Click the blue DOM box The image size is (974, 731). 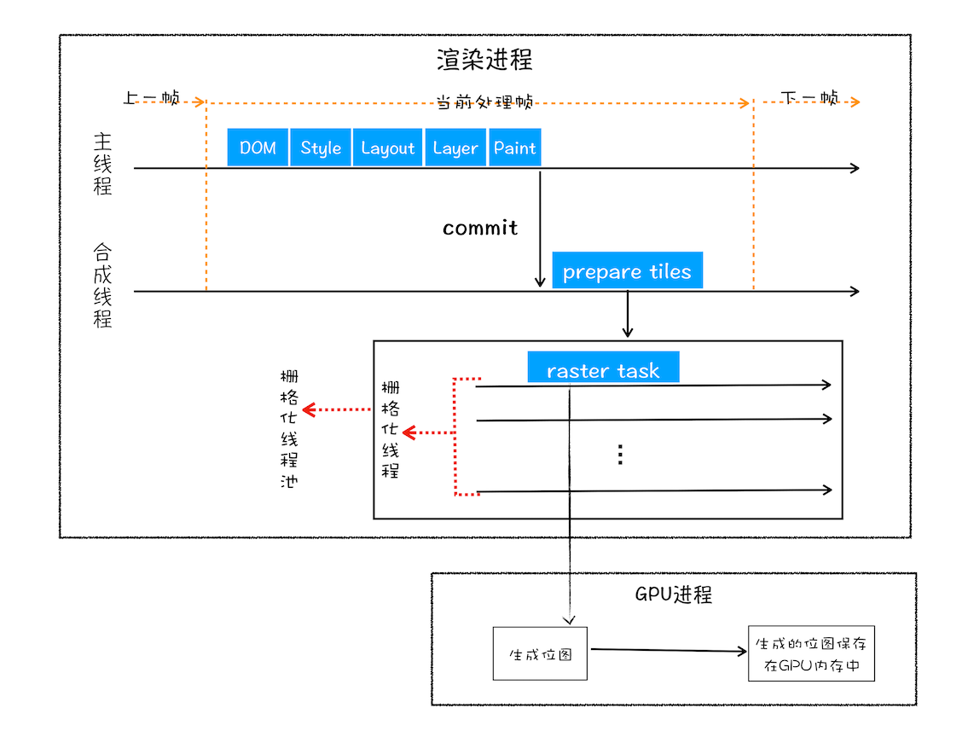(x=258, y=148)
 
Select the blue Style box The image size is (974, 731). (x=321, y=148)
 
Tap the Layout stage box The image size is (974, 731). (x=387, y=148)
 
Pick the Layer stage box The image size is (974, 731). (x=455, y=148)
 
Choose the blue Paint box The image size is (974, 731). (x=514, y=148)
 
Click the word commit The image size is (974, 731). (x=480, y=228)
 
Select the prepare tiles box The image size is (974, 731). (x=627, y=271)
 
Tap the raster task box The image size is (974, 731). (x=603, y=369)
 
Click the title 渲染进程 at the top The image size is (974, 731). (x=484, y=61)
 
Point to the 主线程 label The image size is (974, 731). (x=102, y=163)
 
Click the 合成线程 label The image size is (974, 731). (x=102, y=287)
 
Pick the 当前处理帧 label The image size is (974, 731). (x=484, y=102)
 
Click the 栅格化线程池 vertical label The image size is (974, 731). (x=290, y=429)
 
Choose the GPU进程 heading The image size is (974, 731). (x=673, y=595)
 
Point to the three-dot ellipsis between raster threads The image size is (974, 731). (x=621, y=455)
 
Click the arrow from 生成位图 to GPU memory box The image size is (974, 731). (x=668, y=651)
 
